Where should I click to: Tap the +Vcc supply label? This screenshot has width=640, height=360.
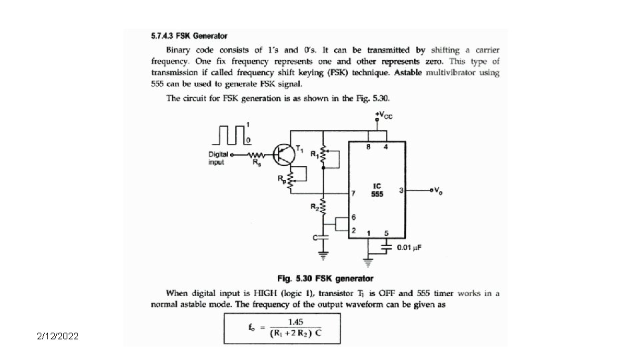pyautogui.click(x=383, y=115)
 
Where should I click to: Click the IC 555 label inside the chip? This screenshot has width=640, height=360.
pyautogui.click(x=377, y=190)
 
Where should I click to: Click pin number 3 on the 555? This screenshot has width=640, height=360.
pyautogui.click(x=401, y=191)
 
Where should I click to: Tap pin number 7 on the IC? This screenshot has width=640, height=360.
pyautogui.click(x=353, y=194)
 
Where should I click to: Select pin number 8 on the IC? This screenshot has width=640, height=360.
pyautogui.click(x=369, y=147)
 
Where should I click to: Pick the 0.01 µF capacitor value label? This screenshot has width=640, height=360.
pyautogui.click(x=410, y=248)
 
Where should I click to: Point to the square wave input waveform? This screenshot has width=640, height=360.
pyautogui.click(x=230, y=135)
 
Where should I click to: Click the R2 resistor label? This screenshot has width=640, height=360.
pyautogui.click(x=313, y=207)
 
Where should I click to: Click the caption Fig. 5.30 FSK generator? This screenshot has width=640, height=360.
pyautogui.click(x=325, y=278)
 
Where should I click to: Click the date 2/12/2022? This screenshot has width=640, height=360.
pyautogui.click(x=58, y=337)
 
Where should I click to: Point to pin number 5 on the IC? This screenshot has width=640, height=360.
pyautogui.click(x=387, y=233)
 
